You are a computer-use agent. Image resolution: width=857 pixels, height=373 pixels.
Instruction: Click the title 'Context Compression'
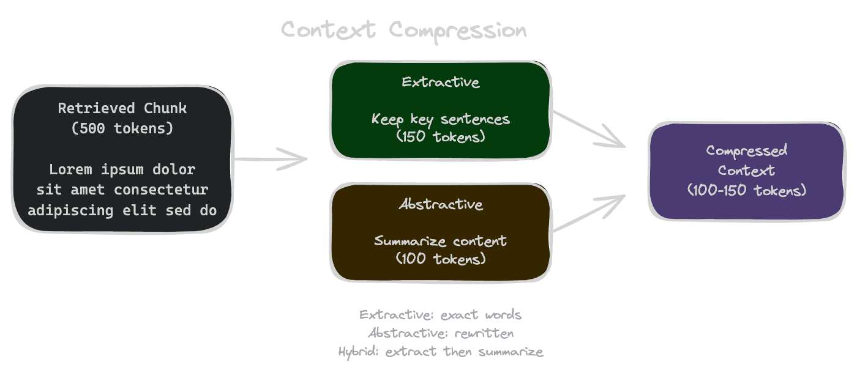(x=403, y=30)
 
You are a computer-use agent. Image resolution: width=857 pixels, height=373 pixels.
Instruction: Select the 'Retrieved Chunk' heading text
(x=122, y=109)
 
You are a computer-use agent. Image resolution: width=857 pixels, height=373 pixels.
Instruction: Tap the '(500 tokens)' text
(x=122, y=129)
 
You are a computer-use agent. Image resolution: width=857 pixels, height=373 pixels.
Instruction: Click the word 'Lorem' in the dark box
(x=71, y=169)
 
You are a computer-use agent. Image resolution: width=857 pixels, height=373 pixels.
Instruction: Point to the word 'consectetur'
(x=161, y=190)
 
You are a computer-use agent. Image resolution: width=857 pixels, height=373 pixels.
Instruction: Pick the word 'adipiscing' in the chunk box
(x=62, y=210)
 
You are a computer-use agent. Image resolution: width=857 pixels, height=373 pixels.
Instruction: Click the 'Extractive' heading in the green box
(x=441, y=82)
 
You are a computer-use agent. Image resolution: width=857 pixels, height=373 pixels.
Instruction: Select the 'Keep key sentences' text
(x=441, y=119)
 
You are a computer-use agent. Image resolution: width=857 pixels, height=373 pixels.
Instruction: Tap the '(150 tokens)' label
(x=441, y=136)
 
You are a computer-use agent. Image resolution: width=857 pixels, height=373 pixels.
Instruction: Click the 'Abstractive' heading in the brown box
(x=441, y=204)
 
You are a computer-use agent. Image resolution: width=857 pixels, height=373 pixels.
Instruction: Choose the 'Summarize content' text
(x=441, y=241)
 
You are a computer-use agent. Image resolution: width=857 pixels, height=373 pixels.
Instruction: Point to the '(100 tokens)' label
(x=441, y=259)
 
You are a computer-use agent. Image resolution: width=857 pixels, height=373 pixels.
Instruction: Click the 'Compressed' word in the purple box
(x=747, y=150)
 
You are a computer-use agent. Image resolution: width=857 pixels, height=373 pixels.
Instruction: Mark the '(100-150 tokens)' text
(x=747, y=190)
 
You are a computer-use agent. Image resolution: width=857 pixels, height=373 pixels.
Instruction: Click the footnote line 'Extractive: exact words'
(x=441, y=315)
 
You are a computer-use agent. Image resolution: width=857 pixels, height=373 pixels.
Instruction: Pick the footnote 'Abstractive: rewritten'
(x=441, y=333)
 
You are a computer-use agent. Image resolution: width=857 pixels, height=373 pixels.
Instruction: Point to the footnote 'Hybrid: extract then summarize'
(x=441, y=352)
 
